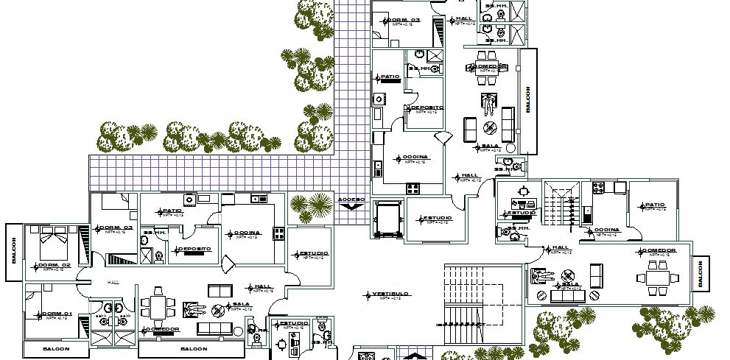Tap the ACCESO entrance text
351,200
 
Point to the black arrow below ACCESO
351,208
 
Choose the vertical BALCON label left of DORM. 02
13,251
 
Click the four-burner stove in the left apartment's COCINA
279,233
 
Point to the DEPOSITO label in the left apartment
194,249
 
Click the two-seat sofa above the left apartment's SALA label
220,290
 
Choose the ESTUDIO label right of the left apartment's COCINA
312,254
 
